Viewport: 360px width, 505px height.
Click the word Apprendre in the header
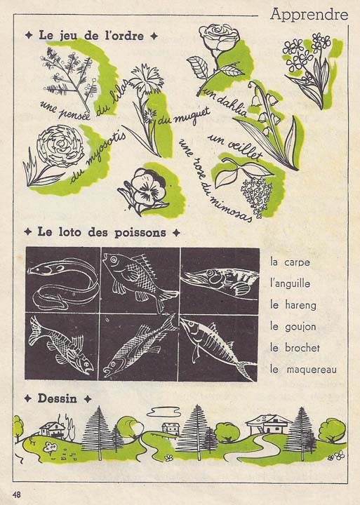[x=309, y=14]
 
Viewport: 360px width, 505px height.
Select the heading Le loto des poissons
[x=102, y=231]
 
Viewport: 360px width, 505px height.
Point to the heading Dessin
[x=58, y=398]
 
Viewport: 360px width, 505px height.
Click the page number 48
[x=16, y=494]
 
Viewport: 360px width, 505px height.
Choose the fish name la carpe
[x=290, y=263]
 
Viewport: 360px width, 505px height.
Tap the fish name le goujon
[x=293, y=326]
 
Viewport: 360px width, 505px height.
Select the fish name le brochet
[x=295, y=347]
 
